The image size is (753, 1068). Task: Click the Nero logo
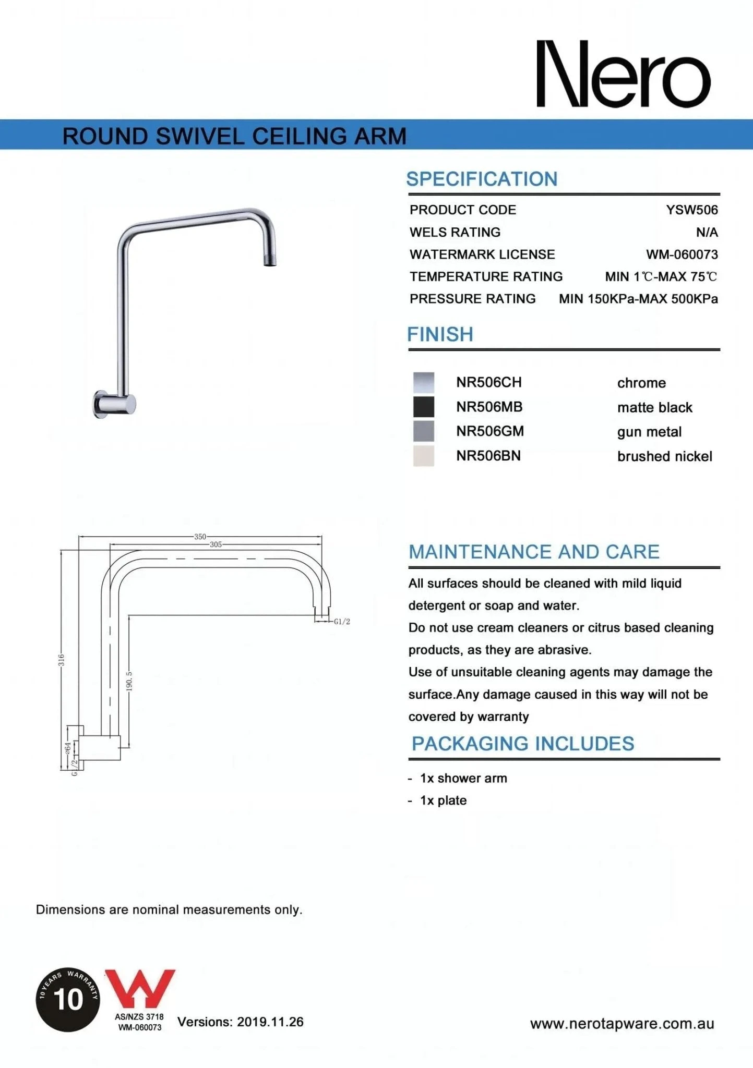tap(624, 74)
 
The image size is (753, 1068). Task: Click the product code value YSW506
tap(691, 210)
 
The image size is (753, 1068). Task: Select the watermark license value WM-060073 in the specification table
tap(682, 254)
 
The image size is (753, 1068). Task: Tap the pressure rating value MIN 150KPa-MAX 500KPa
tap(638, 299)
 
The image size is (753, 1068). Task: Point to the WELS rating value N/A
tap(707, 233)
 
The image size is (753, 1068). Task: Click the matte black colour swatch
tap(423, 407)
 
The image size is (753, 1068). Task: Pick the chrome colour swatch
tap(423, 382)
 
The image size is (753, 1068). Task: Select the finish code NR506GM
tap(489, 431)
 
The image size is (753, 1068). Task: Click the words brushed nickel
tap(664, 456)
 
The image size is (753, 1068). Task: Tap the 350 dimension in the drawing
tap(200, 537)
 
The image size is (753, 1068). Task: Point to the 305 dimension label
tap(216, 544)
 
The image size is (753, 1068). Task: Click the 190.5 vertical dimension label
tap(129, 681)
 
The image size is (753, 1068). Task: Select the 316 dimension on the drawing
tap(62, 660)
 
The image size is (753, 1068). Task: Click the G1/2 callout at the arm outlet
tap(342, 622)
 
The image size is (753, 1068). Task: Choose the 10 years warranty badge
tap(68, 999)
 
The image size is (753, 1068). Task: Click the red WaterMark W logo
tap(140, 989)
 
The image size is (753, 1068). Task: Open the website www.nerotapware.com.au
tap(621, 1024)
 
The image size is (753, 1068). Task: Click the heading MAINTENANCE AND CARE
tap(534, 552)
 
